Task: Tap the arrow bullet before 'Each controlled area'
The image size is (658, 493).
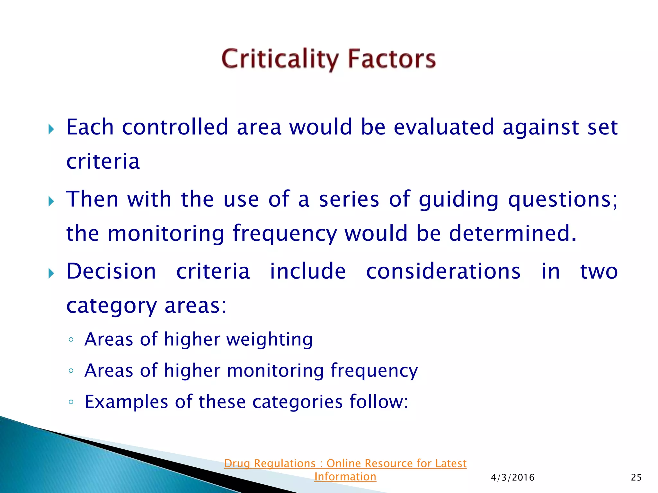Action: click(x=51, y=130)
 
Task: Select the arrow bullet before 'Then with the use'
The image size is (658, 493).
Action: click(x=51, y=202)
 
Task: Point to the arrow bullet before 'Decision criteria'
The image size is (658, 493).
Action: click(x=51, y=273)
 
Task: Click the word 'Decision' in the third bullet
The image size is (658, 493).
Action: click(x=111, y=272)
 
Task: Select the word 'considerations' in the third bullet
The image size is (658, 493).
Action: click(x=443, y=272)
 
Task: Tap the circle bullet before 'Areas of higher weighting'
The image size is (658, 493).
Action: click(x=71, y=340)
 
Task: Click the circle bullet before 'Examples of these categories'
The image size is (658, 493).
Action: click(x=71, y=402)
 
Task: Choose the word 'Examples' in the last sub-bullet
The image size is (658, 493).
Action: click(x=126, y=402)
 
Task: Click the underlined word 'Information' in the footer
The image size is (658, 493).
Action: click(x=345, y=477)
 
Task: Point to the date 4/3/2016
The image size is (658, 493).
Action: click(x=512, y=478)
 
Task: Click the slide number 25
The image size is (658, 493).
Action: click(x=636, y=478)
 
